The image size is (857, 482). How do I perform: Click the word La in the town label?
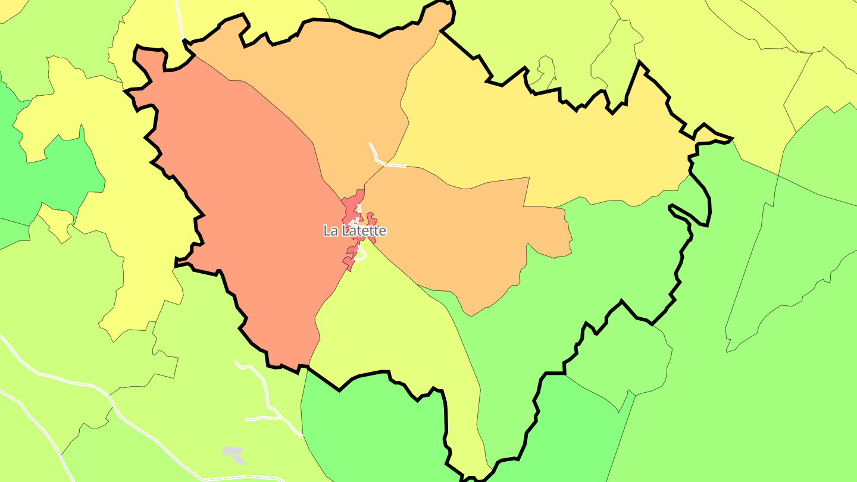(x=330, y=231)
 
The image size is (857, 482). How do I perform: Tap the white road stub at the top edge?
(x=179, y=18)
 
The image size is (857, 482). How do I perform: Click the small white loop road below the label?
(x=359, y=256)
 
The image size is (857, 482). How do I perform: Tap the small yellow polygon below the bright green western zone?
(x=57, y=224)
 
